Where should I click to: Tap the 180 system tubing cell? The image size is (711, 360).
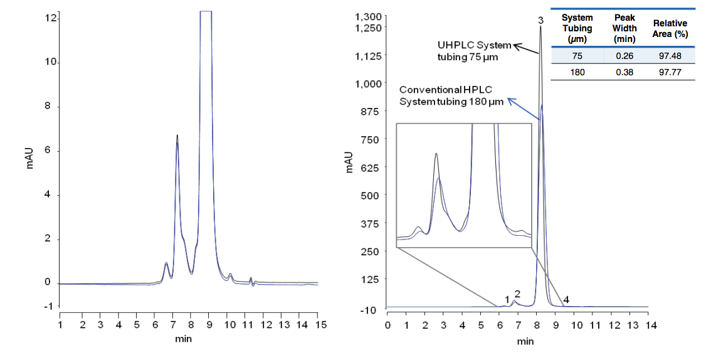(x=577, y=72)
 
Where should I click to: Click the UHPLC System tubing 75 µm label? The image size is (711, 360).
(x=473, y=51)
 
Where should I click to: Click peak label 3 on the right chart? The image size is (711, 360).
(x=540, y=20)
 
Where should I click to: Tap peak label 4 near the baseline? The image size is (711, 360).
(x=566, y=300)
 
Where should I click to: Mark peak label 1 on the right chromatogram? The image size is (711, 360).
(x=507, y=299)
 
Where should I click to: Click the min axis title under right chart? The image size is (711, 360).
(x=525, y=341)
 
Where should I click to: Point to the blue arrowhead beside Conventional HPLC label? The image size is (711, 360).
(x=510, y=99)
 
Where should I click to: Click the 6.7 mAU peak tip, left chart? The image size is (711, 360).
(x=177, y=135)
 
